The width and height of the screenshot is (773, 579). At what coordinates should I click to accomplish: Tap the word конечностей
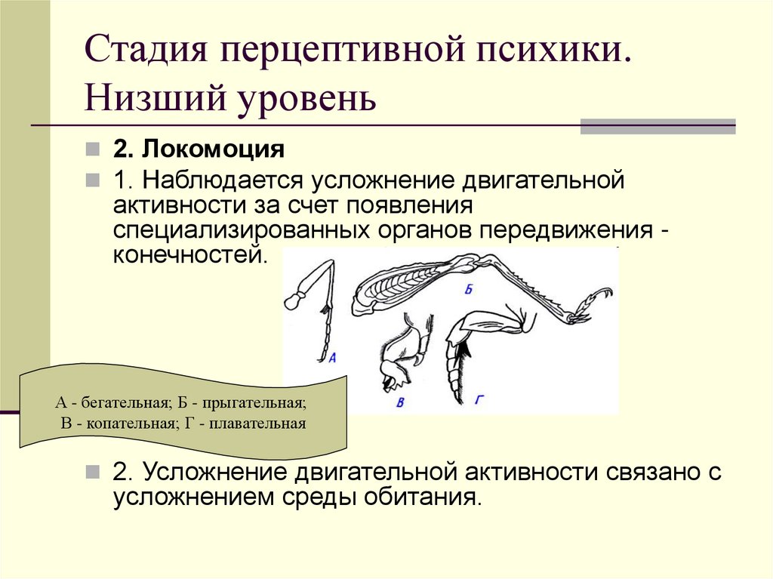(x=189, y=254)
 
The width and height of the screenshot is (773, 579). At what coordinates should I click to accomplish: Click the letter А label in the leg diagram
(x=333, y=356)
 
